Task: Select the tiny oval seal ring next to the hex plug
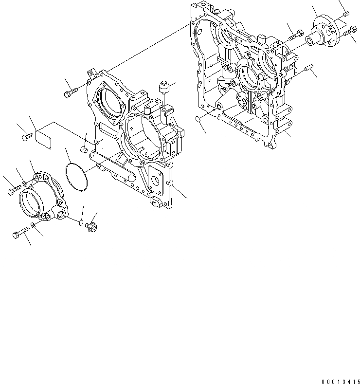tap(80, 223)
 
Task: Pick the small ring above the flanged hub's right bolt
tap(346, 15)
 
